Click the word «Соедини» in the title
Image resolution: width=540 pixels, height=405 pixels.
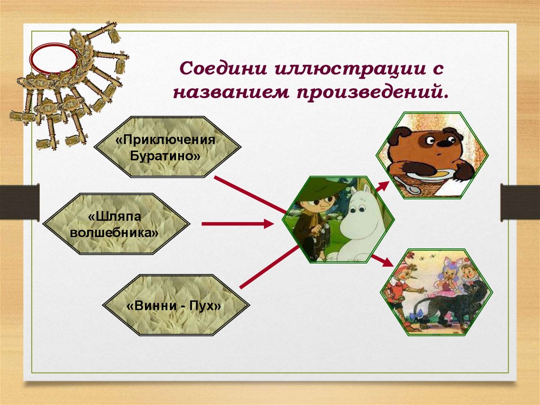(x=223, y=68)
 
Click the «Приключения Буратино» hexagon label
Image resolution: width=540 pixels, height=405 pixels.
(x=168, y=147)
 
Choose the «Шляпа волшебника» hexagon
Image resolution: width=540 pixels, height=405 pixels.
(x=116, y=224)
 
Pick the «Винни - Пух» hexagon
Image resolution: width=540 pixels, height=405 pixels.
(x=176, y=305)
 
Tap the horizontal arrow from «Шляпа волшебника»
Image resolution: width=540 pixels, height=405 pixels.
(x=238, y=224)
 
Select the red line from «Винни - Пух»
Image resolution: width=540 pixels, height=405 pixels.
(x=269, y=267)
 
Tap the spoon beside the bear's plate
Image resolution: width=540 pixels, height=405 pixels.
(x=403, y=185)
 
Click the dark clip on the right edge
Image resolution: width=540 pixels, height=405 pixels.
(x=520, y=203)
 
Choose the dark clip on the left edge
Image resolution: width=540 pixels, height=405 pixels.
(x=20, y=202)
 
